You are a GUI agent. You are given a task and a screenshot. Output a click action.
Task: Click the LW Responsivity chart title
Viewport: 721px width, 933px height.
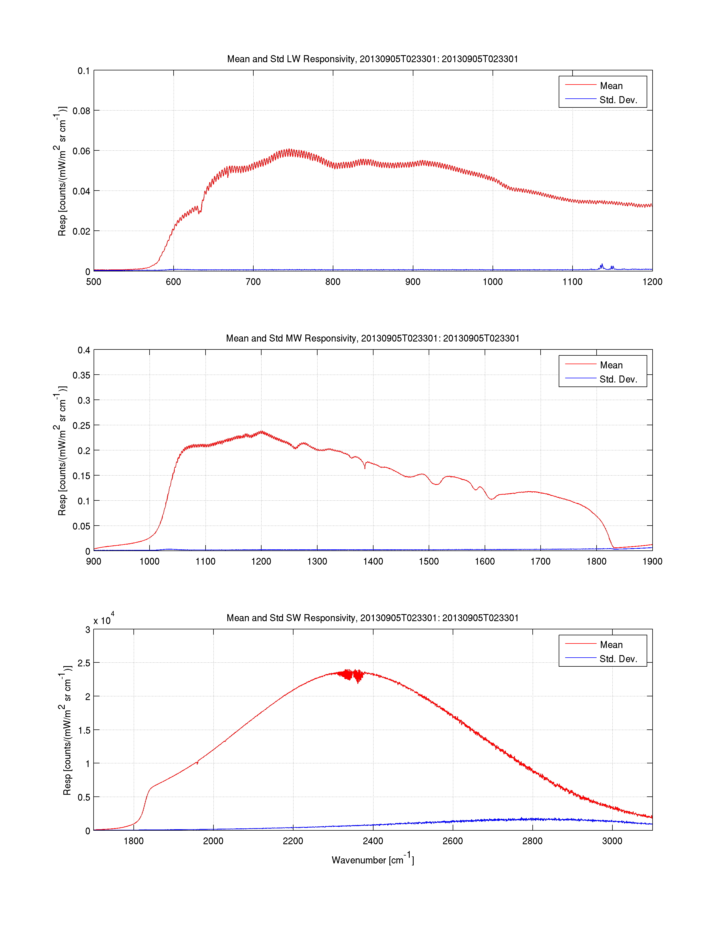372,59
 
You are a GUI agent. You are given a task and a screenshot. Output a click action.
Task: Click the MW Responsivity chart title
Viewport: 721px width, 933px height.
372,338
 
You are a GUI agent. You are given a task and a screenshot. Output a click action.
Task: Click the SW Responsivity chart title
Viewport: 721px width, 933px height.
372,618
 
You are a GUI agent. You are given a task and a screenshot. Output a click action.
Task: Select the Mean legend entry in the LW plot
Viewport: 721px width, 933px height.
611,86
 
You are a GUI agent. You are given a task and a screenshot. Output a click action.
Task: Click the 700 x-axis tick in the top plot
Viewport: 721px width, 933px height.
253,282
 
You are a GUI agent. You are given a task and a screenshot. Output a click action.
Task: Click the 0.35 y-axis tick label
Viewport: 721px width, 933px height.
81,375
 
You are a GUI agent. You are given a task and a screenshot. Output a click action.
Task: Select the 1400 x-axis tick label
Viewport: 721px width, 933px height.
373,561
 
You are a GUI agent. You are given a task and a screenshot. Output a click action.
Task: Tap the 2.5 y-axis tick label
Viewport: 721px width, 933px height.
84,663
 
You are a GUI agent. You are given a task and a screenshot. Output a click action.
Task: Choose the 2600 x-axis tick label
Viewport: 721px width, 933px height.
453,841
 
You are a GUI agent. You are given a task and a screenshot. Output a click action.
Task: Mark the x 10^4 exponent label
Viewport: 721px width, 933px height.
103,620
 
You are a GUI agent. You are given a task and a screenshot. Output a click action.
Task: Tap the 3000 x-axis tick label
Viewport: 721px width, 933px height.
612,841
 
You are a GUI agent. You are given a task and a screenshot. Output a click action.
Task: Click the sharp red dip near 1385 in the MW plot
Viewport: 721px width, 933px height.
365,467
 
